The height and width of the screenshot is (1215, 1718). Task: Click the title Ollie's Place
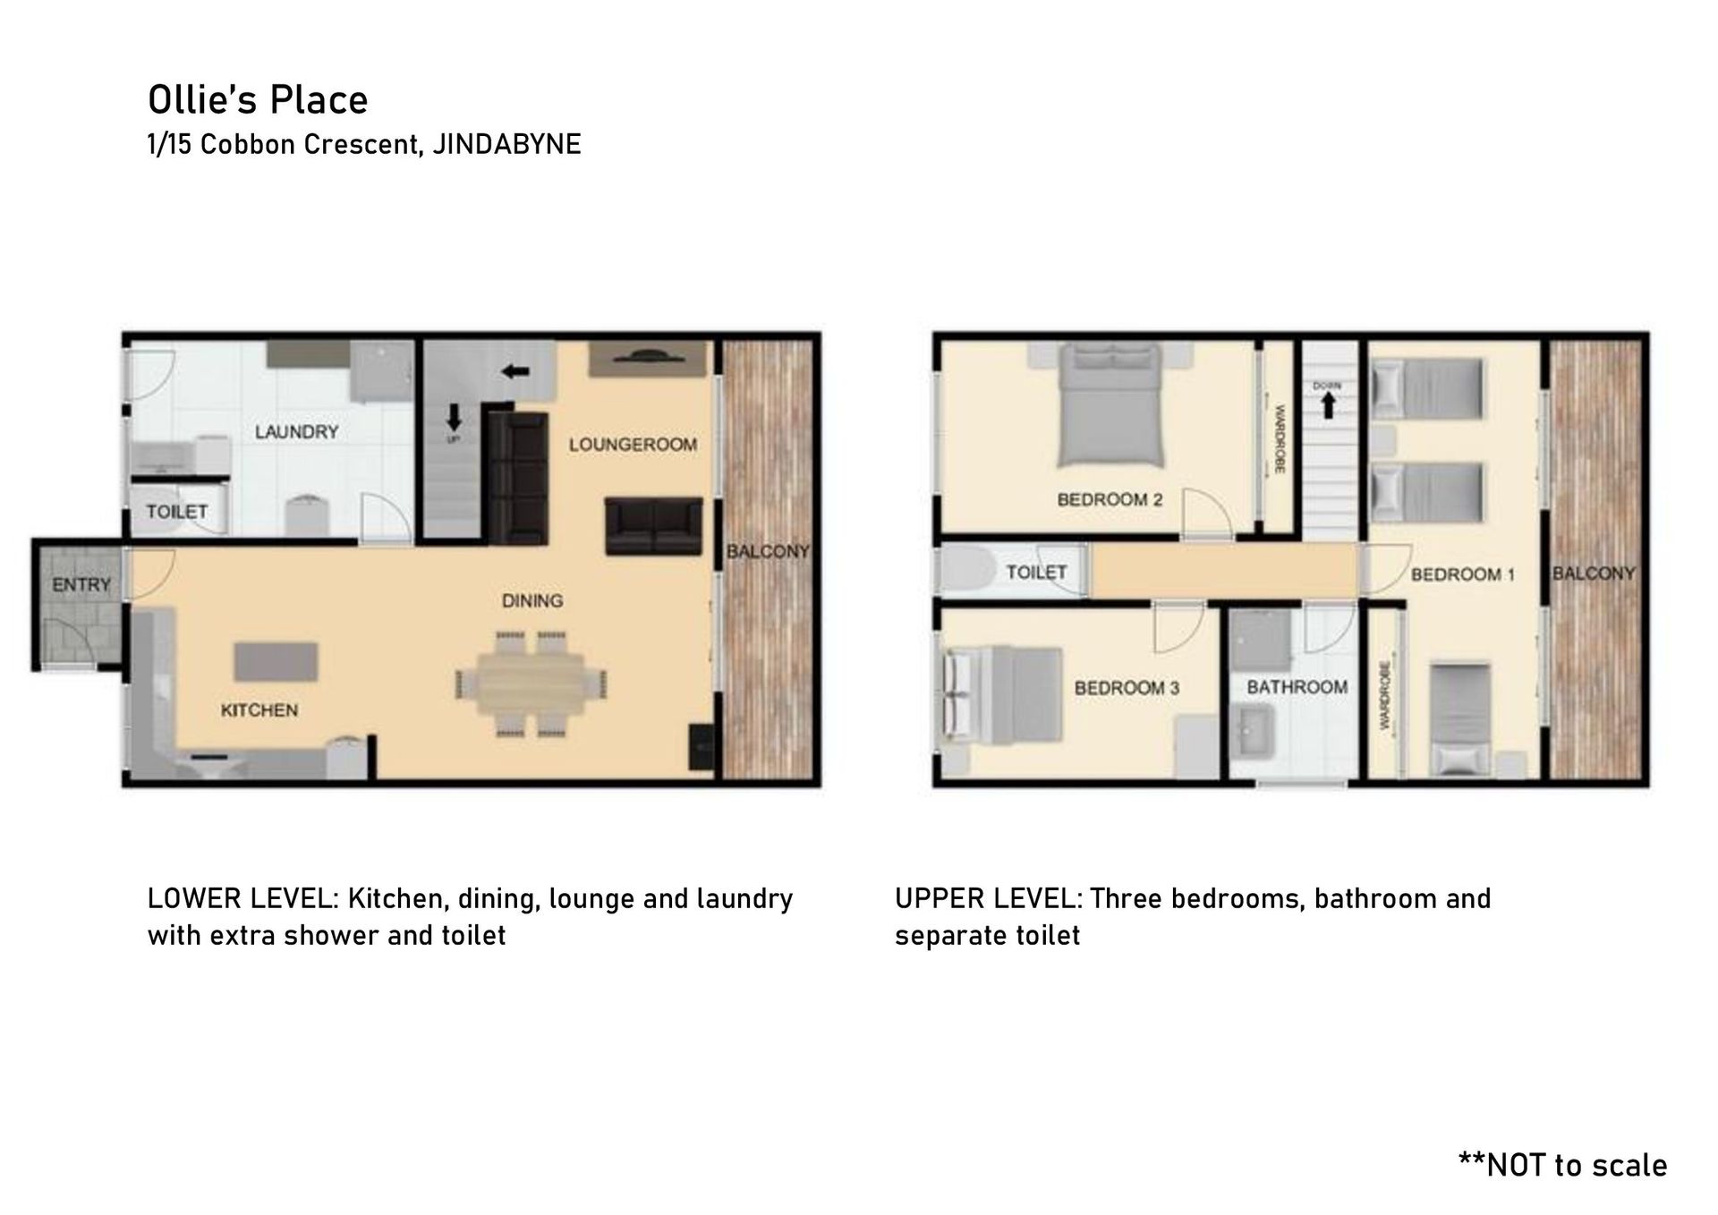click(258, 100)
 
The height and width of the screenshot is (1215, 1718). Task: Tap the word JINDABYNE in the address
click(506, 144)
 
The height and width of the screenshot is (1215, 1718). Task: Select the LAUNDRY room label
click(296, 432)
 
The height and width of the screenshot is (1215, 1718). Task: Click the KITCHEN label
click(259, 710)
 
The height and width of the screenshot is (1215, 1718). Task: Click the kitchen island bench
click(276, 661)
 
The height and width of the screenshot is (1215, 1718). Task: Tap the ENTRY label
click(81, 585)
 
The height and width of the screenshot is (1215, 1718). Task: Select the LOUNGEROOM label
click(633, 445)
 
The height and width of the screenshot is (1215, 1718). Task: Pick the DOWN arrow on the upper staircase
click(1328, 406)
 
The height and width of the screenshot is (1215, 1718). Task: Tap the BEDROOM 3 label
click(1127, 688)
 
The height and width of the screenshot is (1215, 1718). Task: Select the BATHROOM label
click(1297, 687)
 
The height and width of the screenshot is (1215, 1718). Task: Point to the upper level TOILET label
click(1037, 572)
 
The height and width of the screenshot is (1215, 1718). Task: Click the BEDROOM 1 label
click(1463, 574)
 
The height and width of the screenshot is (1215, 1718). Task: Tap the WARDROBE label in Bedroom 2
click(1280, 439)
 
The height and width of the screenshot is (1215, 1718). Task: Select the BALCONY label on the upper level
click(1594, 574)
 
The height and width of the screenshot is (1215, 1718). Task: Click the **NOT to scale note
click(1563, 1165)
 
